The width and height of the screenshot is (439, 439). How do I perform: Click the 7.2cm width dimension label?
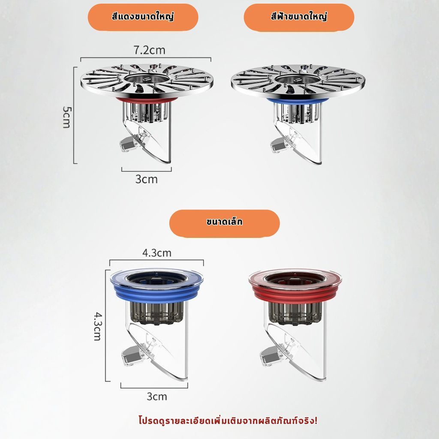pos(149,50)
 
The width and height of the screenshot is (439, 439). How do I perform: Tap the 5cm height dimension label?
pos(66,117)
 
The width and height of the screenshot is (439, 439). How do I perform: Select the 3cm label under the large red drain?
pos(147,179)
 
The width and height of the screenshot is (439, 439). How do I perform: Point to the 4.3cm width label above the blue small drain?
pos(156,253)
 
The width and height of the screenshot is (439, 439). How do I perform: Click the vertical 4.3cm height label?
pos(97,326)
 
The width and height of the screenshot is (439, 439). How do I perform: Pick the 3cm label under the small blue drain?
pos(157,397)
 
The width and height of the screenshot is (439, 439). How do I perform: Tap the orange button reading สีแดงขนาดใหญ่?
pos(143,17)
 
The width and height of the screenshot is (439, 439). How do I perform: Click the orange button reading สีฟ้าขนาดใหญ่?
pos(299,17)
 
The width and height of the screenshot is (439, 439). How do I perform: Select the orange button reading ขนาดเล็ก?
pos(224,223)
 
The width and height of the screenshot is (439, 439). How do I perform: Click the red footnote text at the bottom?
pos(228,421)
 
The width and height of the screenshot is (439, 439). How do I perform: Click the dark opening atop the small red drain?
pos(295,278)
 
